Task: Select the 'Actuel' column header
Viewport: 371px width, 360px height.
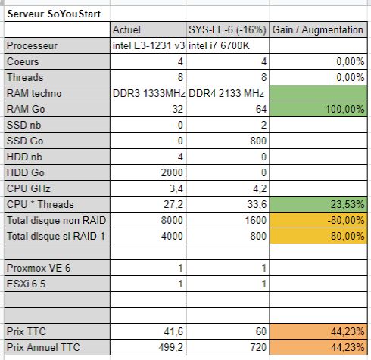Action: [127, 29]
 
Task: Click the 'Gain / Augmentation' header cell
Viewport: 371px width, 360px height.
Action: [318, 29]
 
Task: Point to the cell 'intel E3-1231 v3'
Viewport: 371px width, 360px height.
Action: [147, 45]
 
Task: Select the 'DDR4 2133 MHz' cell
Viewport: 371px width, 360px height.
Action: [225, 93]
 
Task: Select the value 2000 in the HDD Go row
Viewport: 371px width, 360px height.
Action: [170, 172]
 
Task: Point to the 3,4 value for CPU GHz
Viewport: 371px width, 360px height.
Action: [175, 188]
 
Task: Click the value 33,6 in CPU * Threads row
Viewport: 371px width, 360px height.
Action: [255, 203]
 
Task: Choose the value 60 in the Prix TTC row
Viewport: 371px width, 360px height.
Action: [260, 331]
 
